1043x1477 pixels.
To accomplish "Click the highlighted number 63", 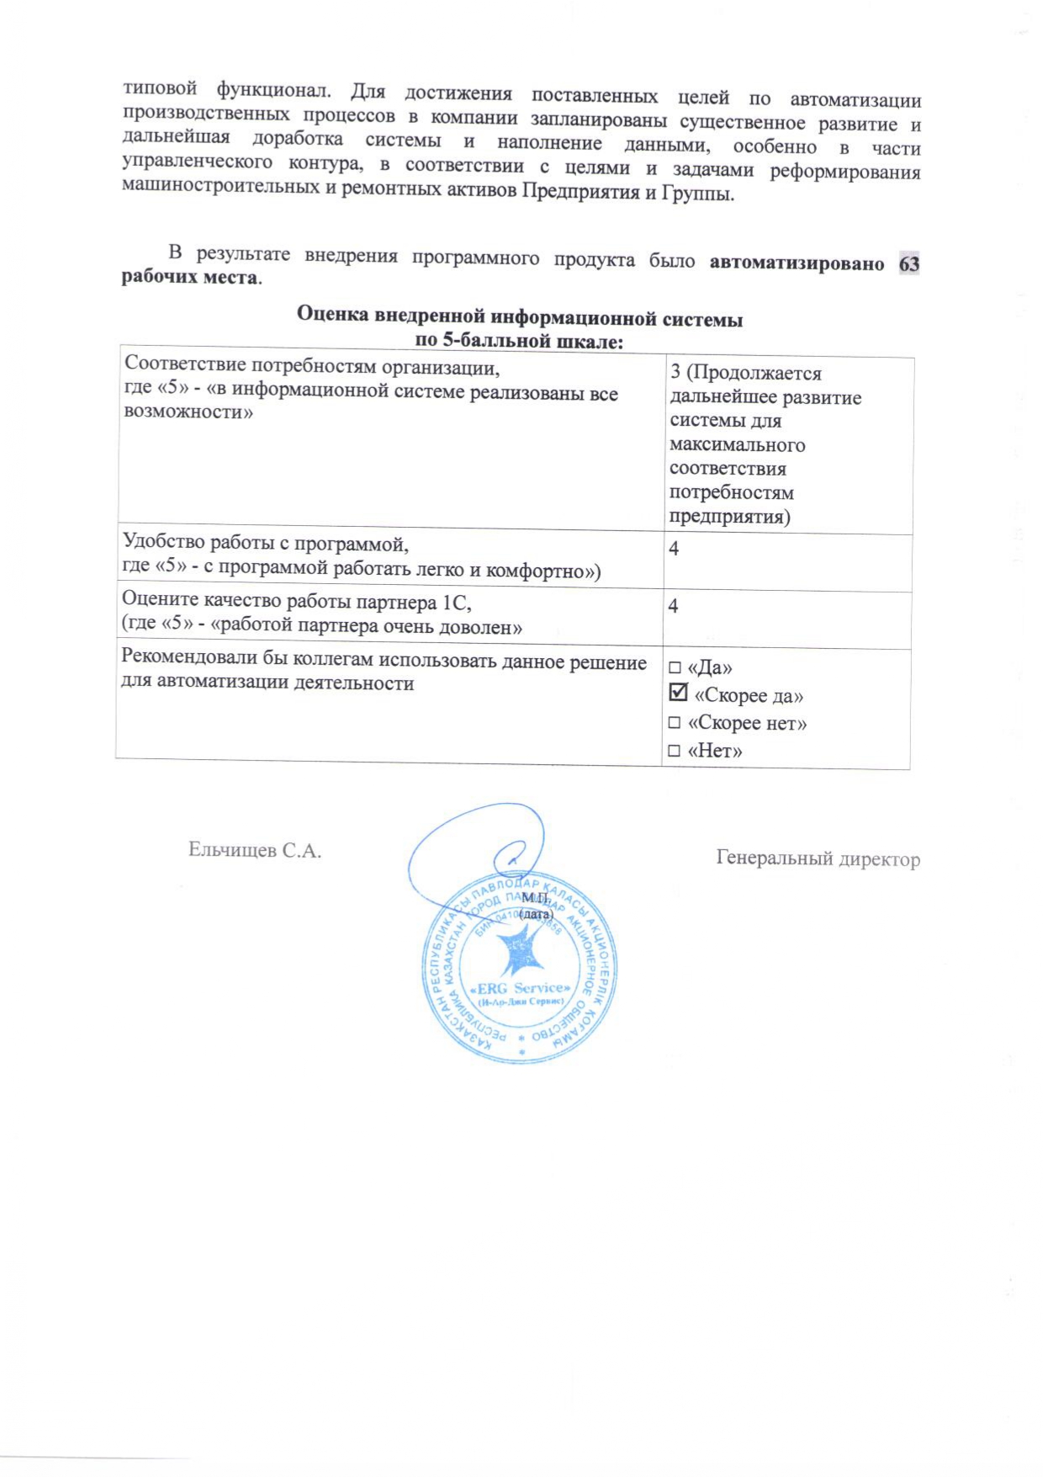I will tap(908, 264).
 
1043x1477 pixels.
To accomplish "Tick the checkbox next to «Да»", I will tap(675, 668).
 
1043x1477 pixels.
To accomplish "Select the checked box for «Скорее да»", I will tap(678, 693).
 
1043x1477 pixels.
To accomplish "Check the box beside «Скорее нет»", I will tap(675, 723).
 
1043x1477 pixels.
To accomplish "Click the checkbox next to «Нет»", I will tap(674, 751).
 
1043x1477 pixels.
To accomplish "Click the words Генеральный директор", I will tap(818, 858).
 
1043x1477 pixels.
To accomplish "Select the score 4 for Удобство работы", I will tap(674, 549).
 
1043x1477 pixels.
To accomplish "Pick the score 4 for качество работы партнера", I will tap(673, 606).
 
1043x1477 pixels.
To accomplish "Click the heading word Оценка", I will tap(332, 316).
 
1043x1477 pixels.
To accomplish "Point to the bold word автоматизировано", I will tap(797, 263).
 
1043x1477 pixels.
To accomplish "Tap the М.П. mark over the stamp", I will tap(535, 899).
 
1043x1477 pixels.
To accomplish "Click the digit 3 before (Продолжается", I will tap(675, 372).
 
